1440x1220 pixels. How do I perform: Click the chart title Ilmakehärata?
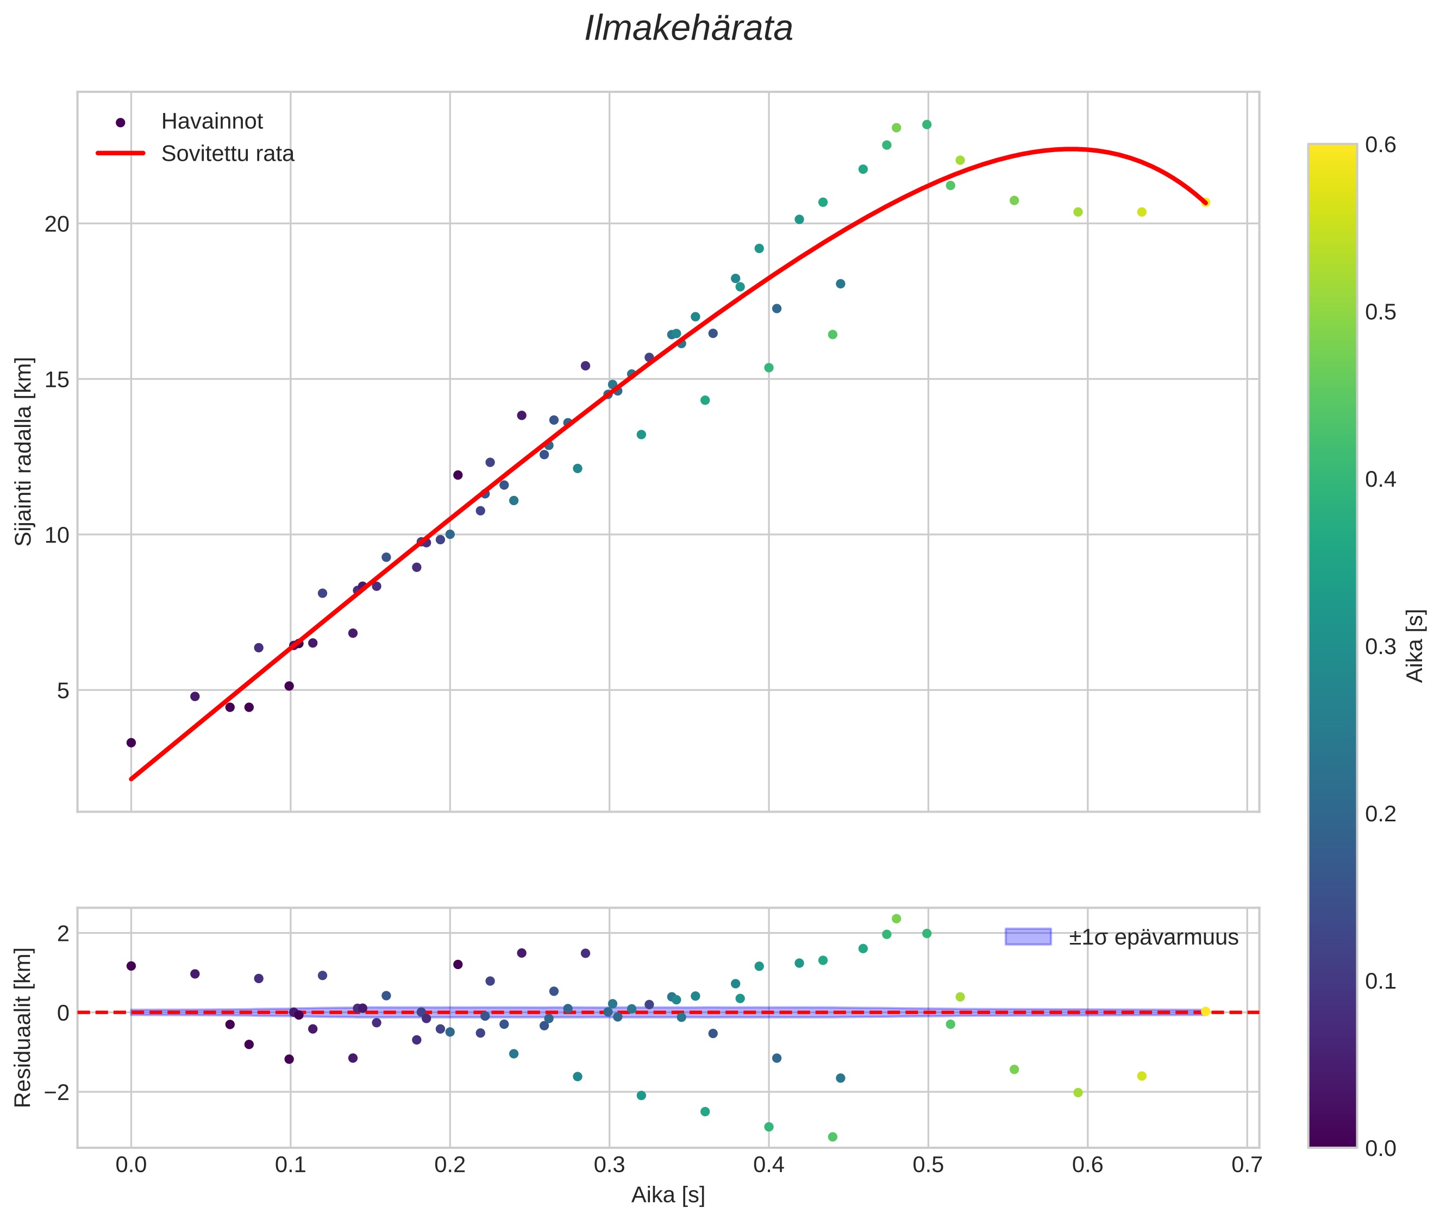point(688,29)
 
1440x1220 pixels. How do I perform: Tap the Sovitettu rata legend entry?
point(227,154)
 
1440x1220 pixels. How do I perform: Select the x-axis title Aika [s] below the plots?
point(667,1194)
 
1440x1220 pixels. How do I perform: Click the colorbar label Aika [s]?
point(1415,645)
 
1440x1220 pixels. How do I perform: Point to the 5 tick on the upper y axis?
point(64,690)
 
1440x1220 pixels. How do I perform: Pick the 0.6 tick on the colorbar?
point(1380,145)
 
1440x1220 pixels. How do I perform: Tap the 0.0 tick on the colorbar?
point(1380,1149)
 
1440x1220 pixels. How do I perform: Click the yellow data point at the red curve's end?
point(1205,202)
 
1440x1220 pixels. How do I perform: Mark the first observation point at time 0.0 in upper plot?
point(131,743)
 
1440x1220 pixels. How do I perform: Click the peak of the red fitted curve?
point(1070,149)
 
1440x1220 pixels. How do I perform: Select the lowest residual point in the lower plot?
point(832,1137)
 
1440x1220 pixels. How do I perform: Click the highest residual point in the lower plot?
point(896,919)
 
